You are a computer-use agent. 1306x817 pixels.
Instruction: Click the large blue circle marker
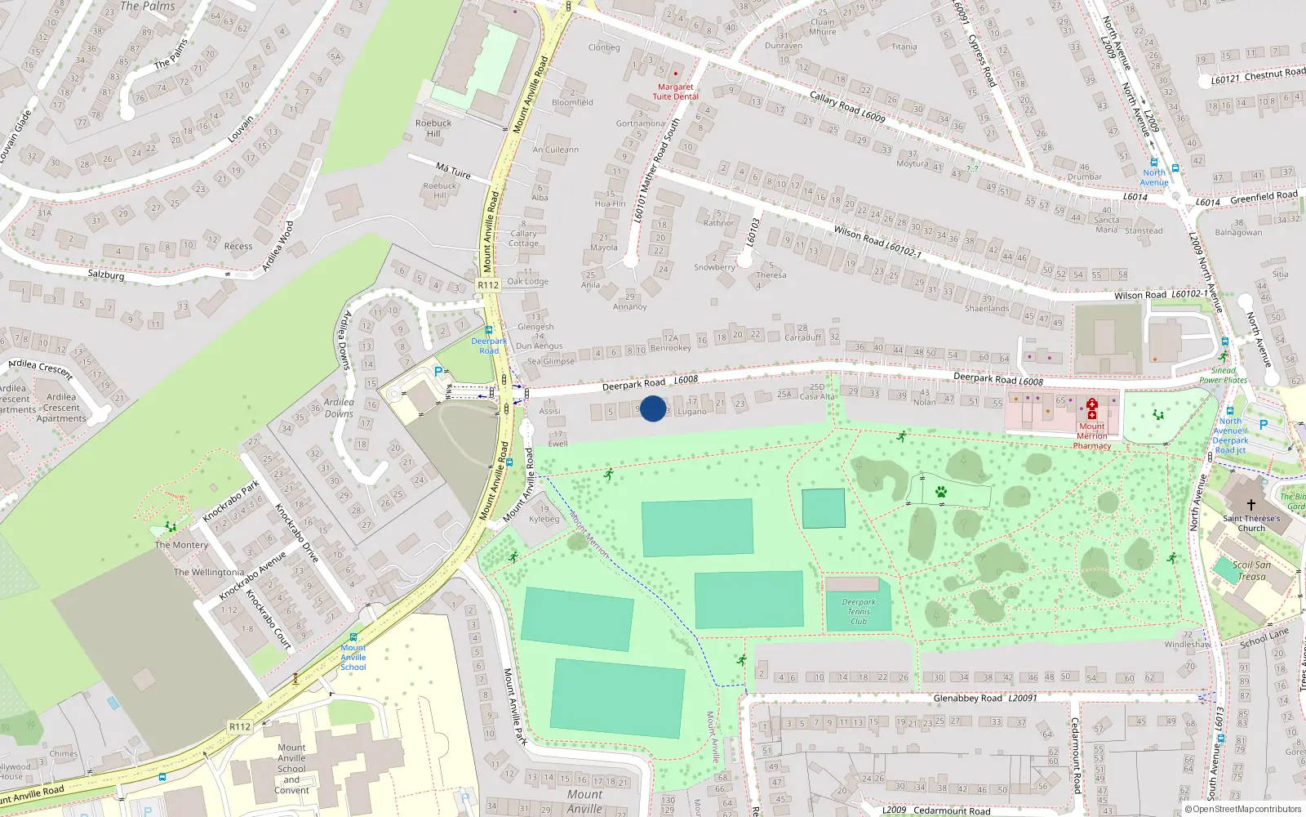(653, 408)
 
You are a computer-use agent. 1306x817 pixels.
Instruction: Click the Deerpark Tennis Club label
(858, 611)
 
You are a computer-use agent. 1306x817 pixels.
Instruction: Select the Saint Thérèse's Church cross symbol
(1250, 505)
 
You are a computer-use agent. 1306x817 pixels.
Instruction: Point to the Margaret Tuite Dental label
(675, 92)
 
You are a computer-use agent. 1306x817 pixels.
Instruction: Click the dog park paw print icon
(941, 492)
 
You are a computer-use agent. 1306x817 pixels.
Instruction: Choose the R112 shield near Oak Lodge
(488, 285)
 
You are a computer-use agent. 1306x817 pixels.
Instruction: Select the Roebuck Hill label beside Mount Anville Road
(433, 128)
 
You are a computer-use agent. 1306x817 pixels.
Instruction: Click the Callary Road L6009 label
(847, 106)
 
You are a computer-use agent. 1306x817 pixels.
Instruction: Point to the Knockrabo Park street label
(231, 501)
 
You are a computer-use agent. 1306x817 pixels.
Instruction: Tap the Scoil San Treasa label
(1252, 570)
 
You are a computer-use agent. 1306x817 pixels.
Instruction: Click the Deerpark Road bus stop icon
(489, 330)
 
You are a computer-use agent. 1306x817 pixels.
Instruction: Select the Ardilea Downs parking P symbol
(438, 372)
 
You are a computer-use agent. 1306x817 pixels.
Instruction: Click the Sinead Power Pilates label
(1223, 375)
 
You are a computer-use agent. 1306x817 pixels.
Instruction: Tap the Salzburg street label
(106, 275)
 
